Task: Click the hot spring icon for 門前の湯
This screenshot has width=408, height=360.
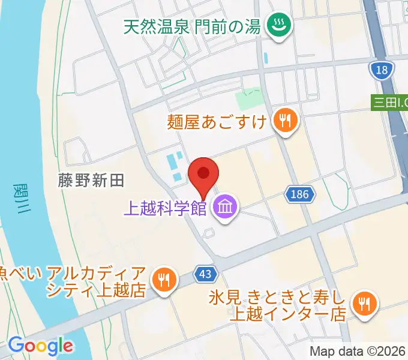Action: pos(278,25)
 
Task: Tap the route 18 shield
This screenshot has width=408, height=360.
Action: pos(382,71)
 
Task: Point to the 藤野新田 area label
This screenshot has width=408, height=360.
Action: pos(91,181)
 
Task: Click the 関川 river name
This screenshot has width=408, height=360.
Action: pos(20,199)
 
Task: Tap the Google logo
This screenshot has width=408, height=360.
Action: pos(41,345)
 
